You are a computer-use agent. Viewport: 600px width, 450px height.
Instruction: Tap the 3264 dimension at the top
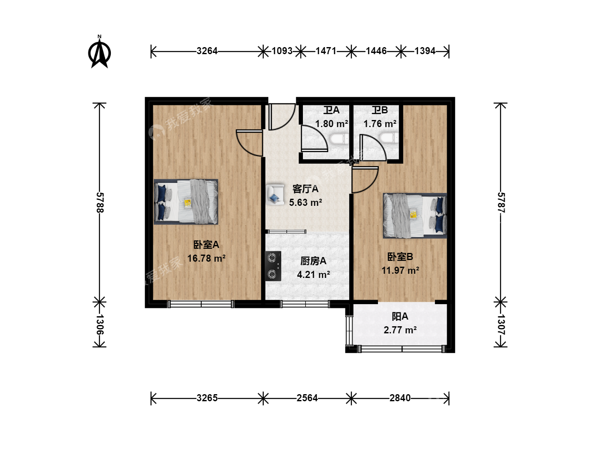(207, 51)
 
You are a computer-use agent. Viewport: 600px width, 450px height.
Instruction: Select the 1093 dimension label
(282, 51)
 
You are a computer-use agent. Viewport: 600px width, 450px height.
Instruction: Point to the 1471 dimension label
(326, 51)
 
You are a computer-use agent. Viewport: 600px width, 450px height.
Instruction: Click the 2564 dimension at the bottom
(307, 398)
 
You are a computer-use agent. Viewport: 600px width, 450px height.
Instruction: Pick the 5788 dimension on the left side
(100, 202)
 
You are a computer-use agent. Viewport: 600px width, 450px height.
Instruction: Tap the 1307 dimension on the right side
(501, 325)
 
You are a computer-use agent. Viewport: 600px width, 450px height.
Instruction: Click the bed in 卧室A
(186, 202)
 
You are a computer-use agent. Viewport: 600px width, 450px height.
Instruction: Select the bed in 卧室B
(415, 215)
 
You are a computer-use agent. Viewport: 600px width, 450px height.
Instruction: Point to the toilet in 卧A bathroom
(339, 139)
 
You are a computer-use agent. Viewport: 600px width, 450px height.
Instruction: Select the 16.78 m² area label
(206, 258)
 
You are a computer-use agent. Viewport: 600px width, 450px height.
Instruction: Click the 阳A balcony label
(400, 316)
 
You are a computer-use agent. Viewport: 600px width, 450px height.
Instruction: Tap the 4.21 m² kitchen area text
(313, 274)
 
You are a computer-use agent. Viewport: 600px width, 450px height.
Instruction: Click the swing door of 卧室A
(249, 143)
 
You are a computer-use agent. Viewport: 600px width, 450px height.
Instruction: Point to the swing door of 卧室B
(365, 180)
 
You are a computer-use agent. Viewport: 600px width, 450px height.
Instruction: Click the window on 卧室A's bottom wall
(201, 304)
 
